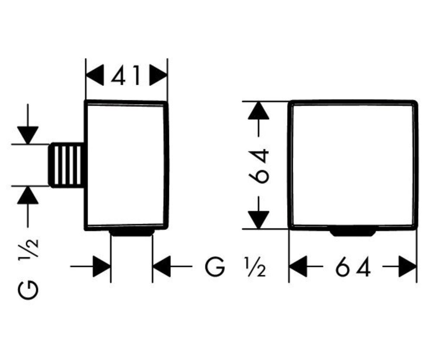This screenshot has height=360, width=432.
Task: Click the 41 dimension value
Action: pyautogui.click(x=126, y=75)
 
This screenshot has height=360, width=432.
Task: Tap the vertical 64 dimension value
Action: pyautogui.click(x=258, y=166)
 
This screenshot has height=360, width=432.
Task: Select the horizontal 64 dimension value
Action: pyautogui.click(x=353, y=267)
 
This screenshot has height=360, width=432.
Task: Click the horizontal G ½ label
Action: pyautogui.click(x=235, y=267)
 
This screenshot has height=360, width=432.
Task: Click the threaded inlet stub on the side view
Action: pyautogui.click(x=66, y=165)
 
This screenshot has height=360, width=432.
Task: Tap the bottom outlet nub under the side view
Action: pyautogui.click(x=132, y=233)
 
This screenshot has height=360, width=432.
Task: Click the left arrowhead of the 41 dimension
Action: pyautogui.click(x=95, y=75)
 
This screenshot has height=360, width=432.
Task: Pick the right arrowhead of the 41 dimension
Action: pyautogui.click(x=159, y=75)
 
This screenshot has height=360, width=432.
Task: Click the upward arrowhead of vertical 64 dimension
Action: pyautogui.click(x=258, y=111)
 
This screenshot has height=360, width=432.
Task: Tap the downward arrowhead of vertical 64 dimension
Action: pyautogui.click(x=258, y=220)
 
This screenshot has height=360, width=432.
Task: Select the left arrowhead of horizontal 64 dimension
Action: pyautogui.click(x=299, y=267)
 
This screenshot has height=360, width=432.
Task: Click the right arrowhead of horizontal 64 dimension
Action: pyautogui.click(x=407, y=267)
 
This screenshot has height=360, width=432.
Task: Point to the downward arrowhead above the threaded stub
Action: pyautogui.click(x=28, y=135)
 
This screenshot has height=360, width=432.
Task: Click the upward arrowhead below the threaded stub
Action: pyautogui.click(x=28, y=195)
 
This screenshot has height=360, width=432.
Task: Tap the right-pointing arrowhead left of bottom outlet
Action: pyautogui.click(x=102, y=267)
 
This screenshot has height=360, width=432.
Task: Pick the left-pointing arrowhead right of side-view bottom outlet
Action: pyautogui.click(x=162, y=267)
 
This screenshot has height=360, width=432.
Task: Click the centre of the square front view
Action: pyautogui.click(x=353, y=165)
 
